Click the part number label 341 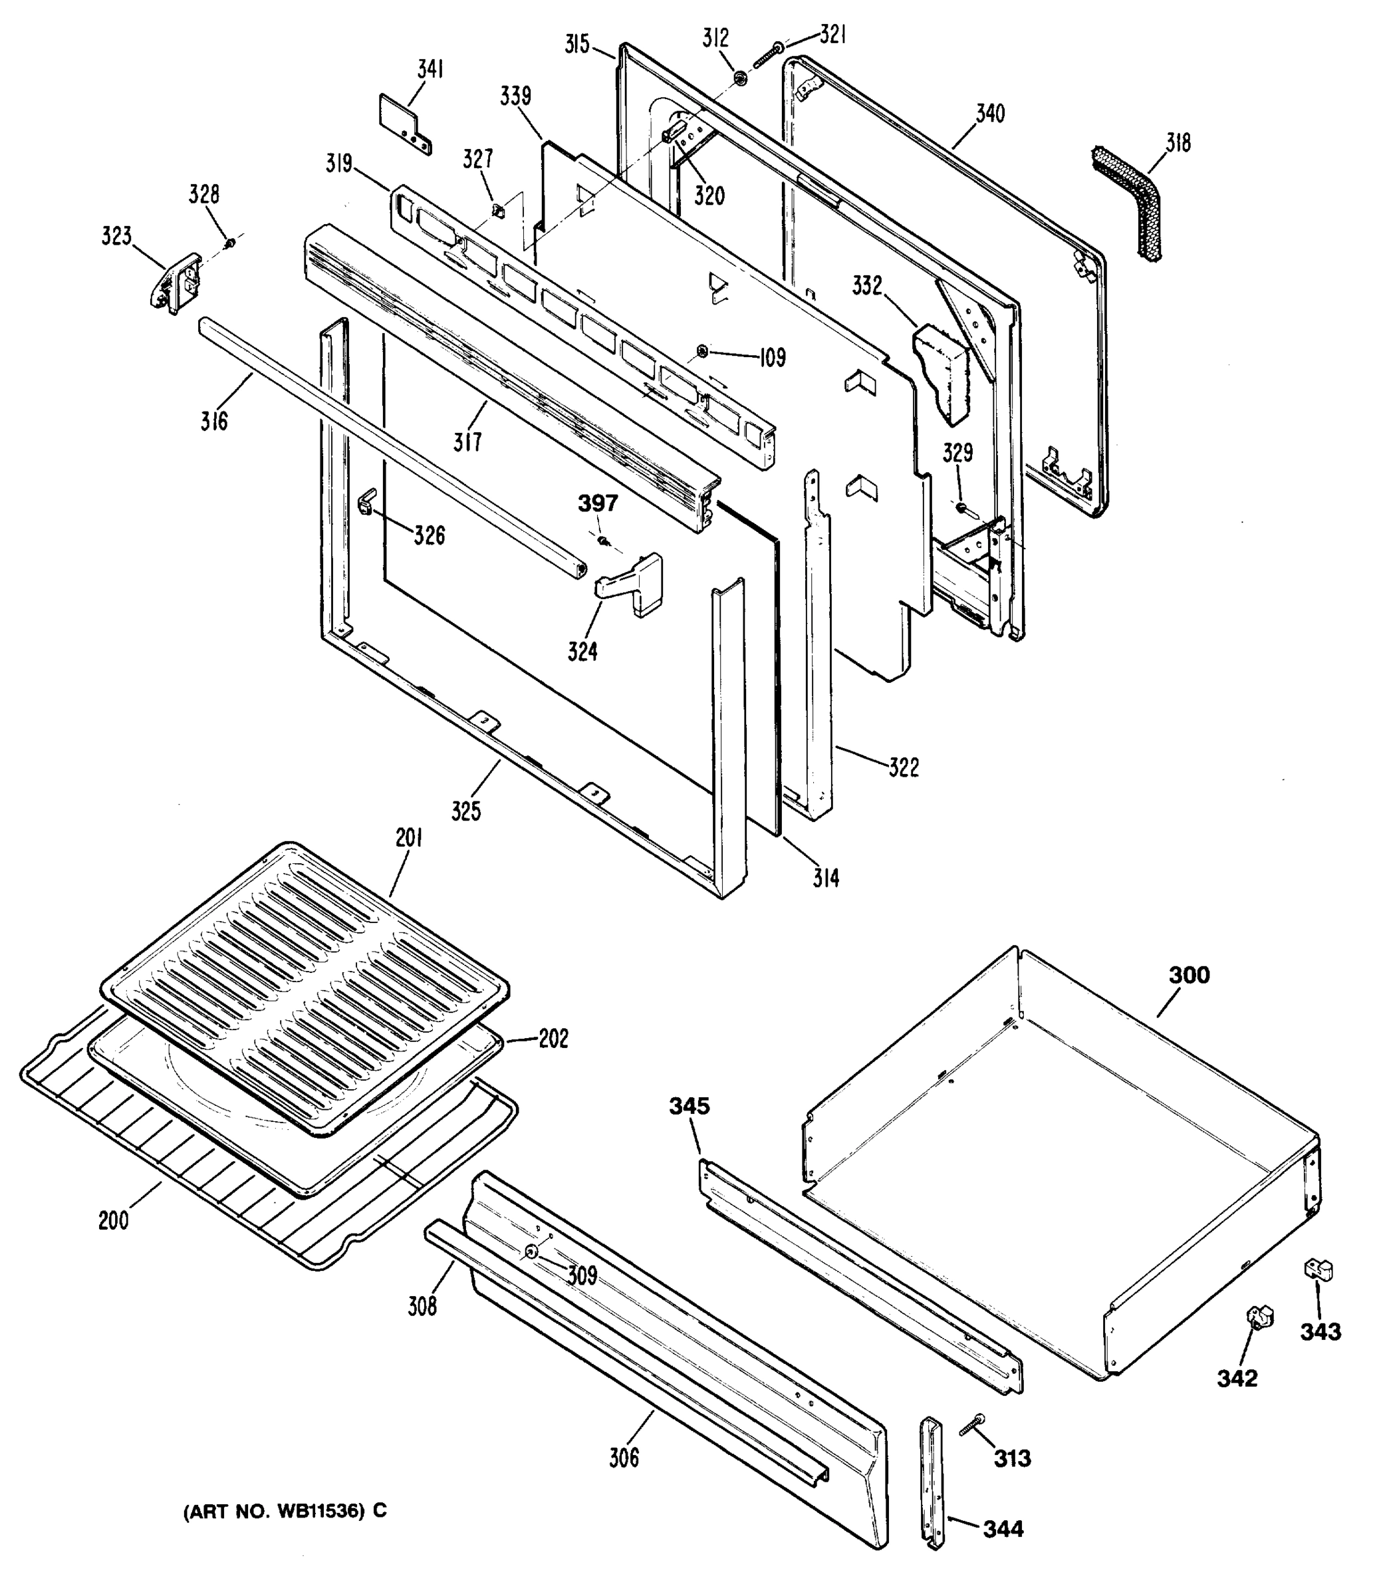[x=430, y=69]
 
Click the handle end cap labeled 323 [x=175, y=283]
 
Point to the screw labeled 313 [x=973, y=1426]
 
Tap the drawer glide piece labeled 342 [x=1259, y=1317]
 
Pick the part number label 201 [x=409, y=838]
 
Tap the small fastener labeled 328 [x=229, y=244]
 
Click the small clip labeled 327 [x=497, y=209]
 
